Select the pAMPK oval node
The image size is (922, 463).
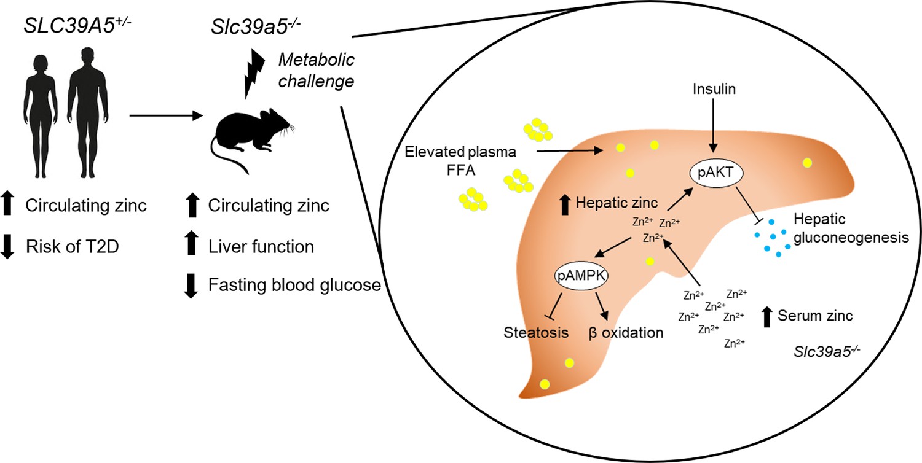581,276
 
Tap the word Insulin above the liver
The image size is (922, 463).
714,89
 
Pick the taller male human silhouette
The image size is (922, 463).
88,112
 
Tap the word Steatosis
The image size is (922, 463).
536,332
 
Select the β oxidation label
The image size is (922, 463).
626,332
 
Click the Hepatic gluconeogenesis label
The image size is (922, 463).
851,228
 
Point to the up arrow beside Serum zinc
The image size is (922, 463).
766,317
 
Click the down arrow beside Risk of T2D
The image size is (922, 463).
7,246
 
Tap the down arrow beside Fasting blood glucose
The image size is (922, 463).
191,286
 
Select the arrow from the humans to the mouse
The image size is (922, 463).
167,115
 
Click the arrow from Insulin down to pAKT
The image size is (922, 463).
713,126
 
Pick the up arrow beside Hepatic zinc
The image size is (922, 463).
565,204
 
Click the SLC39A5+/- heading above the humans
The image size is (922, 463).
77,26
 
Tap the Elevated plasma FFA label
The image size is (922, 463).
460,160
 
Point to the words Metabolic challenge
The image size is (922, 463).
316,71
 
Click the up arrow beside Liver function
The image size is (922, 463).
191,243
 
